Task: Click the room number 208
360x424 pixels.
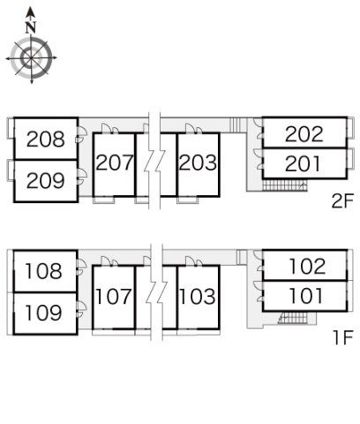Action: (46, 139)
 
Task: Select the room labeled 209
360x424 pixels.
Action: (46, 180)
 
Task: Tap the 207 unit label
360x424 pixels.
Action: (115, 163)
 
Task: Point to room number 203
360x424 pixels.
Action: (198, 163)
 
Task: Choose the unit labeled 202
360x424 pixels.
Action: (304, 134)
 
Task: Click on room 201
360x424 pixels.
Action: (303, 164)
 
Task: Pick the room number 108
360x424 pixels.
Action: (44, 271)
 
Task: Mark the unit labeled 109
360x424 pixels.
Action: (44, 313)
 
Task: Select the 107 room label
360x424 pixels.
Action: (114, 297)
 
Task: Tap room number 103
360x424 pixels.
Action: (197, 297)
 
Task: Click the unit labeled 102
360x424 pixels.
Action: (307, 267)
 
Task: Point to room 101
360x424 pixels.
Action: (306, 296)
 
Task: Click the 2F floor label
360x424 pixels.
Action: (342, 201)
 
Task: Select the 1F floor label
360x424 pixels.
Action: (343, 337)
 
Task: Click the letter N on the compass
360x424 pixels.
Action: (31, 27)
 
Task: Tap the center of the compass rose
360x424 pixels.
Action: (31, 58)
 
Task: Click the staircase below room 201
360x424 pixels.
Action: (285, 185)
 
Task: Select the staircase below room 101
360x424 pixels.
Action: (293, 318)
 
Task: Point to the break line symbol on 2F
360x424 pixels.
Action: (154, 161)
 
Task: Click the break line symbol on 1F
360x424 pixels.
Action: (156, 292)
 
